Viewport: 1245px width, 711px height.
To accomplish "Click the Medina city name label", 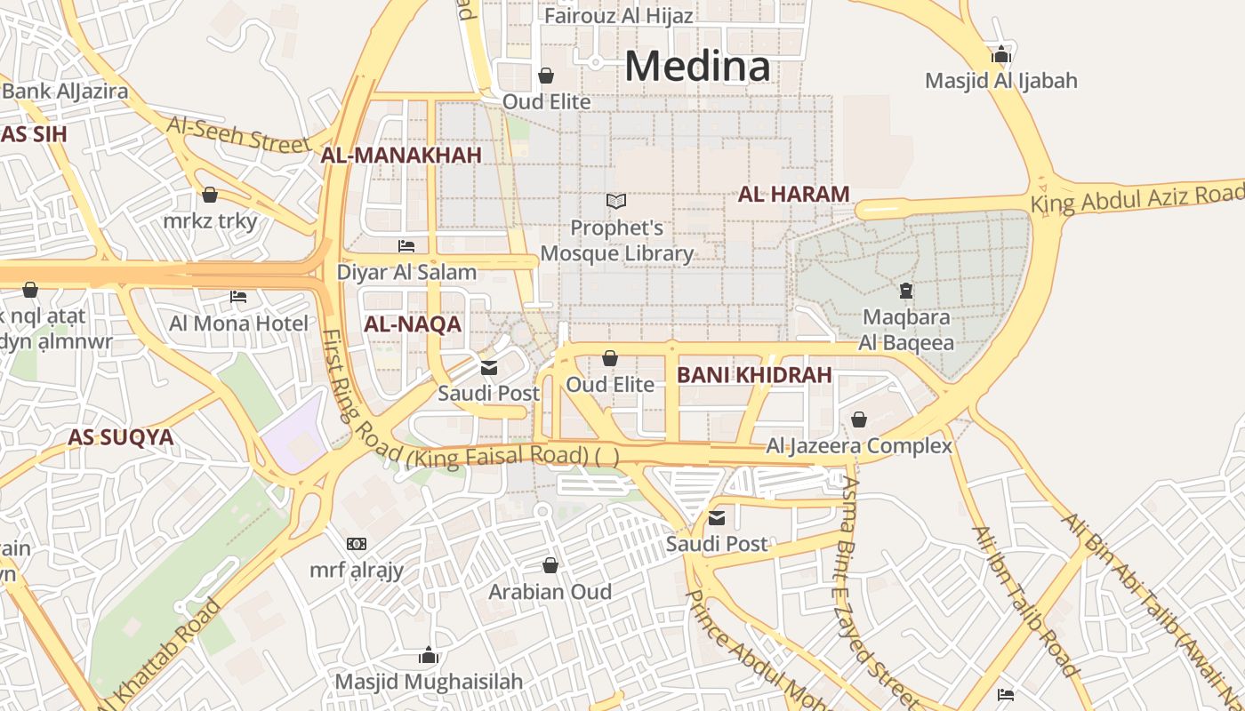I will (x=697, y=67).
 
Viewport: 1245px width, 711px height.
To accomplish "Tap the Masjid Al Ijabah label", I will (x=1000, y=81).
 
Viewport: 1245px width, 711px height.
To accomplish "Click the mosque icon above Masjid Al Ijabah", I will (x=1001, y=55).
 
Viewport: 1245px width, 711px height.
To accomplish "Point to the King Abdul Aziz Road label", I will (x=1137, y=196).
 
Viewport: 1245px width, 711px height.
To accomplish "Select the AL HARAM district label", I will (x=793, y=194).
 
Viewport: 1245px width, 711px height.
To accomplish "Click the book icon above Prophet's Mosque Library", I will (x=616, y=202).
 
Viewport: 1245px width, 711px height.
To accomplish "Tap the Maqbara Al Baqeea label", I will (x=906, y=330).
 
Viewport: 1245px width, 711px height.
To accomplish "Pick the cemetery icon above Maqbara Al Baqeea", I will (x=906, y=291).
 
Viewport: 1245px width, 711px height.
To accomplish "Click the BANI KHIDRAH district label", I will (x=754, y=375).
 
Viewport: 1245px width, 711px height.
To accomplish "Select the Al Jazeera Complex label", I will (x=859, y=446).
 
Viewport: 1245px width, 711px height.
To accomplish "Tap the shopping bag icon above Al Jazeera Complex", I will (x=859, y=419).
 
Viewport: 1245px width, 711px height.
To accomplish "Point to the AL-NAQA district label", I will (x=413, y=324).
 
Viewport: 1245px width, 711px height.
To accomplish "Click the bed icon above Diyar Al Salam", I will (x=406, y=246).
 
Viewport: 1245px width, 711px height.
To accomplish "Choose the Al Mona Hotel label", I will (x=239, y=324).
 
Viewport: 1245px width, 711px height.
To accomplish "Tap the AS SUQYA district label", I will (x=121, y=437).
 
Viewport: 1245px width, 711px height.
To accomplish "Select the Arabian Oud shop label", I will (x=550, y=592).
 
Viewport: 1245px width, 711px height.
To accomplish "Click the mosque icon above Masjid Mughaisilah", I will (x=429, y=656).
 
